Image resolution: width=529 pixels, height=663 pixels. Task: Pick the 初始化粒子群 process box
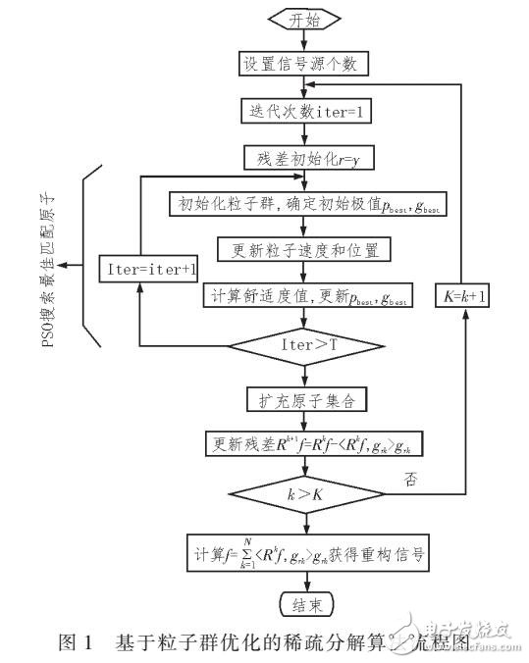pyautogui.click(x=304, y=204)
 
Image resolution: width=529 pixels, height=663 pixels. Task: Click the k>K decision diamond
pyautogui.click(x=303, y=493)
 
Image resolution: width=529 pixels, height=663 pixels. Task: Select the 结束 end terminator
pyautogui.click(x=303, y=602)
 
